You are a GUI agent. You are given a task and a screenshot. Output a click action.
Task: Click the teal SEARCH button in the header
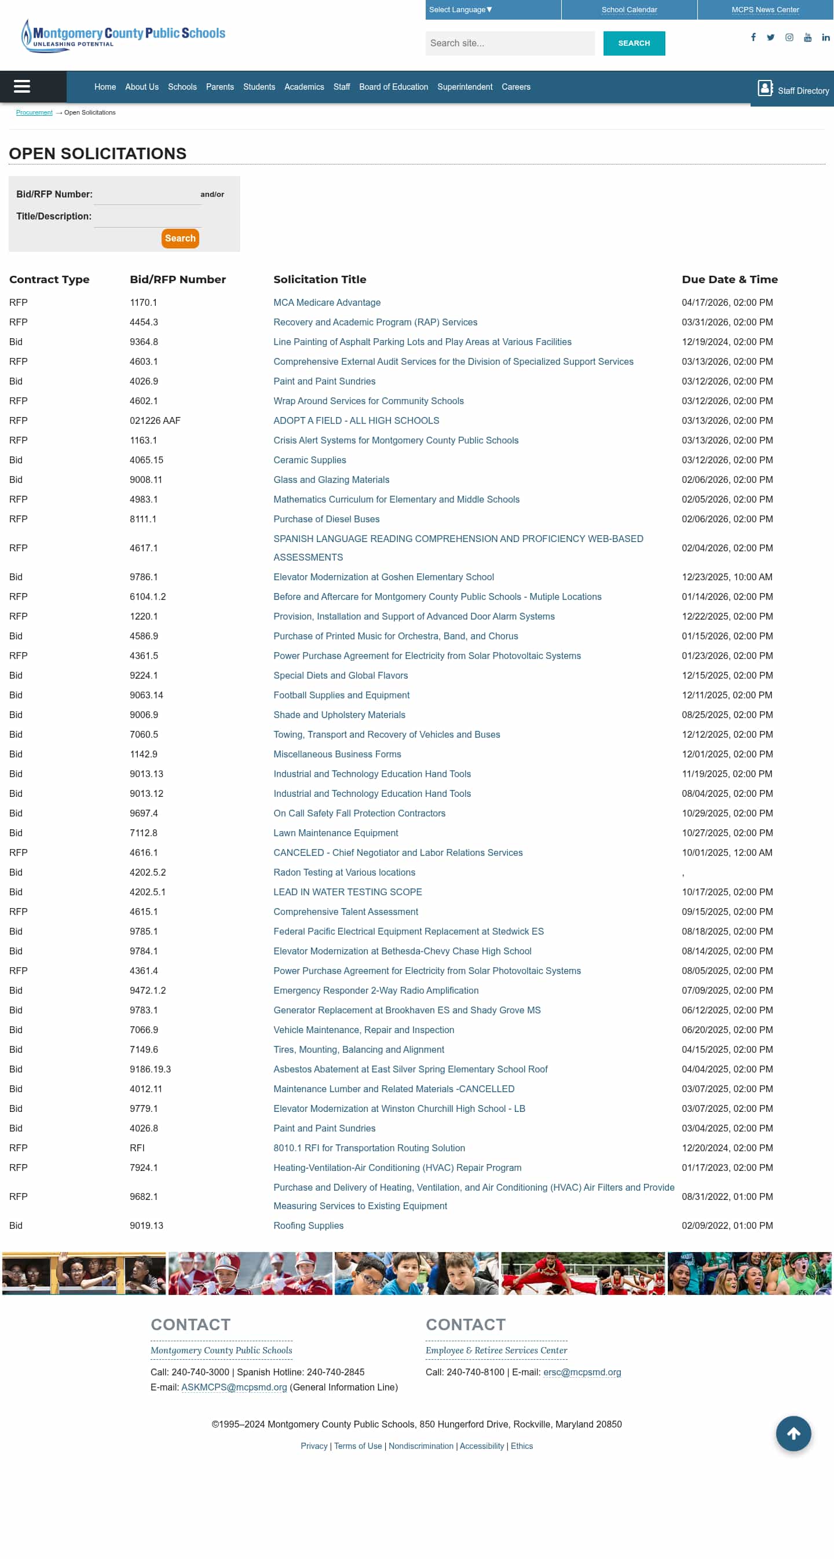634,43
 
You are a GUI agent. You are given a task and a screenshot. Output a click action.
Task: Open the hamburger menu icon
22,86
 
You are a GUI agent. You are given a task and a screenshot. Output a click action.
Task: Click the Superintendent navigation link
464,87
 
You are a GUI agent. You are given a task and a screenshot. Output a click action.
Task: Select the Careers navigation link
515,87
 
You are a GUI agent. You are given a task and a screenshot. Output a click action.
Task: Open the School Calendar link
629,10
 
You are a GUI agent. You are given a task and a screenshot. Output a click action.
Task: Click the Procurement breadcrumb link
34,112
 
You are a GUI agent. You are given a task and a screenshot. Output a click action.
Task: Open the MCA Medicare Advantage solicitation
327,303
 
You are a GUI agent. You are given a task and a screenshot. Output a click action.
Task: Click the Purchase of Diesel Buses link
326,519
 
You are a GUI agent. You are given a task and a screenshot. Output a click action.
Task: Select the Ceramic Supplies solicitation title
309,460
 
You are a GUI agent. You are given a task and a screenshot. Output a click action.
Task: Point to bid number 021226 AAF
155,420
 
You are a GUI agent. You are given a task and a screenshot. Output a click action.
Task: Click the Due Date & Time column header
729,280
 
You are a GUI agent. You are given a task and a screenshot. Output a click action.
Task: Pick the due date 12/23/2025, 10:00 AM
726,577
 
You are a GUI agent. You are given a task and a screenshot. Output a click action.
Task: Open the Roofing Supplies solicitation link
308,1225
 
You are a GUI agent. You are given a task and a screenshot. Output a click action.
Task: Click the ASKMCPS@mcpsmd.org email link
233,1387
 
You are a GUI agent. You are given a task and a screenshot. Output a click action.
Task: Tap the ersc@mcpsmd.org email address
581,1372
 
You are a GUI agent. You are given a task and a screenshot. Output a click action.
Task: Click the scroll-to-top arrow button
793,1433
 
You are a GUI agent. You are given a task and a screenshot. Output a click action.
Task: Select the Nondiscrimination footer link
420,1446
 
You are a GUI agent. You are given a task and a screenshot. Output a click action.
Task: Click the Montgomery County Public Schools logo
123,35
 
